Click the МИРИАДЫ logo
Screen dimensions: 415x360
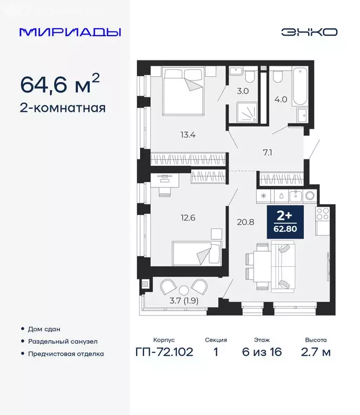click(x=70, y=32)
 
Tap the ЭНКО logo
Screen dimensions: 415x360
click(x=309, y=32)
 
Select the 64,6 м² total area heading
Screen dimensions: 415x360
click(x=60, y=84)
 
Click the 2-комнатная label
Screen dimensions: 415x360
click(x=63, y=108)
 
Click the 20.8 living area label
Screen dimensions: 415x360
click(x=243, y=220)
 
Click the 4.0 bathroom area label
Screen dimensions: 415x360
click(x=281, y=99)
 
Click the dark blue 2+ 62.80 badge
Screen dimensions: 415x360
click(x=285, y=222)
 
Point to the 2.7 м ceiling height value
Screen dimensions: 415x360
click(x=316, y=353)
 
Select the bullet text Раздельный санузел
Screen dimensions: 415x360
click(x=67, y=342)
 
